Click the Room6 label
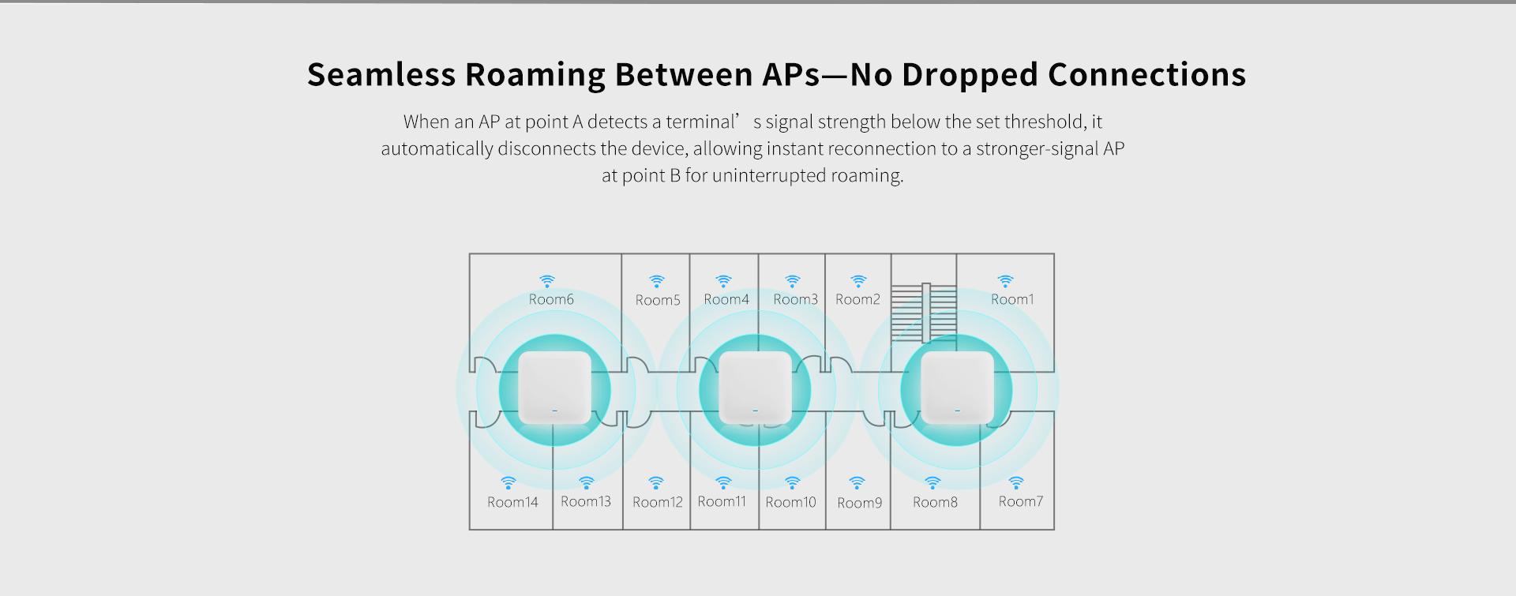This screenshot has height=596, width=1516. coord(551,299)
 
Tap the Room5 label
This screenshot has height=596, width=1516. coord(658,300)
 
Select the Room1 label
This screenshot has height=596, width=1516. coord(1012,299)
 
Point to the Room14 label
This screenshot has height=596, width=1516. coord(512,502)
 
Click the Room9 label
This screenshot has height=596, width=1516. coord(859,503)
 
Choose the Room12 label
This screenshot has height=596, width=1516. coord(657,502)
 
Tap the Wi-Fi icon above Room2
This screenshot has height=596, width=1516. coord(858,281)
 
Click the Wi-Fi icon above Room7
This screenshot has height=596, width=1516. coord(1016,482)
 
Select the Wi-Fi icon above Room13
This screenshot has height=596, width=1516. coord(586,482)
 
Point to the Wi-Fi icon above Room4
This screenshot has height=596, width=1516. coord(723,281)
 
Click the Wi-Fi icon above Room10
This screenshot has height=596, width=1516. coord(793,482)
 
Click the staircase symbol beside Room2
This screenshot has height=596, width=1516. coord(924,313)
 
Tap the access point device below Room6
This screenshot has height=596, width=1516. coord(554,388)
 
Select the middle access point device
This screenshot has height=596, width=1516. coord(755,388)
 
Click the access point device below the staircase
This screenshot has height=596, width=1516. coord(957,388)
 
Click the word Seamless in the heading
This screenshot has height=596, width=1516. coord(381,75)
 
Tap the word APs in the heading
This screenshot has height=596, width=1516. coord(791,75)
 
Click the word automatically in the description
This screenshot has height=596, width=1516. coord(437,149)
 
